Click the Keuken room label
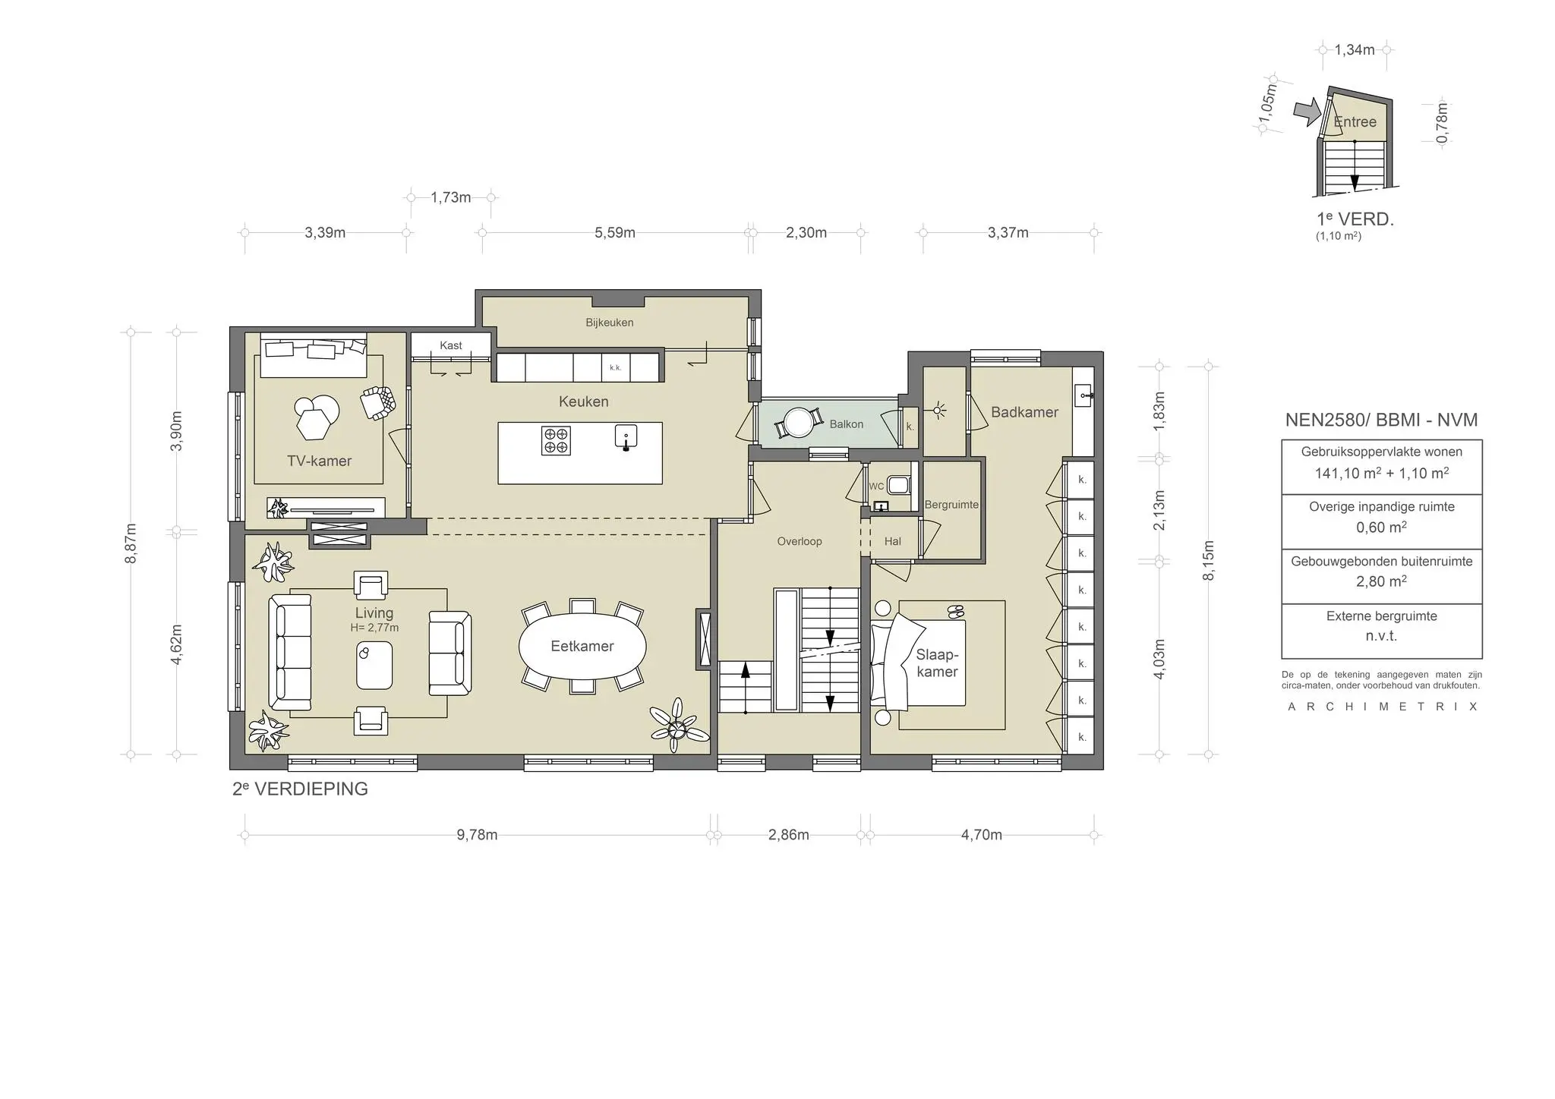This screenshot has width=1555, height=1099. click(583, 401)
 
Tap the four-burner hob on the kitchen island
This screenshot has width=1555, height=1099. click(556, 440)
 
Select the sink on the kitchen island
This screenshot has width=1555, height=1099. click(626, 437)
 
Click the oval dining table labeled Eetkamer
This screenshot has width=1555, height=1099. click(582, 646)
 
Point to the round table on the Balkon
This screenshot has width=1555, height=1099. click(798, 423)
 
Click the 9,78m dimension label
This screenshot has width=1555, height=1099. click(477, 835)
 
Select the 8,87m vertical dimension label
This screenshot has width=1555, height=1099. click(131, 543)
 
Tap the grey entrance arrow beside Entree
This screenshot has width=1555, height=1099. click(1307, 113)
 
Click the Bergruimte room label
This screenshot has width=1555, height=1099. click(951, 505)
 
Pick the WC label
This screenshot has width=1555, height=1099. click(876, 487)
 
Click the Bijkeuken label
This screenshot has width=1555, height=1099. click(609, 323)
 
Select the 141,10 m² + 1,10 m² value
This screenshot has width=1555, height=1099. click(1381, 474)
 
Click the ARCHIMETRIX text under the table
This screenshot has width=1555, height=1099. click(1381, 707)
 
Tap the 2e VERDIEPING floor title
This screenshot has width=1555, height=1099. click(300, 789)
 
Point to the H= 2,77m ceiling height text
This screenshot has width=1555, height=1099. click(374, 628)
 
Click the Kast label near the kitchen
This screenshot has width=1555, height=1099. click(450, 345)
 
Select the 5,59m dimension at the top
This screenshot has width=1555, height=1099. click(614, 233)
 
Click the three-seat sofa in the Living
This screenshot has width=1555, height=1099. click(290, 652)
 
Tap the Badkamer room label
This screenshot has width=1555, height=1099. click(1024, 412)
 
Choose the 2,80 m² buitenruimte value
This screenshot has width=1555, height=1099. click(1381, 582)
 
